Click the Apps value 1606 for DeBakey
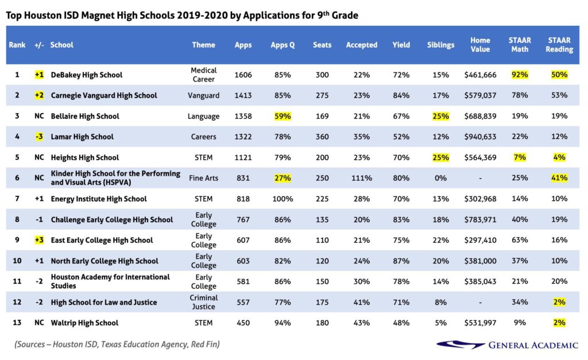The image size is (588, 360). tap(243, 75)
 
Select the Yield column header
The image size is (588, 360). tap(401, 45)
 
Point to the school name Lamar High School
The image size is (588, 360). tap(82, 137)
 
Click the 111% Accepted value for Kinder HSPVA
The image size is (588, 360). tap(361, 178)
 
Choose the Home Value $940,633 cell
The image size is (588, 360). tap(480, 137)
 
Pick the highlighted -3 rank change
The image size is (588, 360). tap(39, 137)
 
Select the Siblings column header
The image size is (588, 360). tap(440, 45)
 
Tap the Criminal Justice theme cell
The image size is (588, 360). tap(204, 302)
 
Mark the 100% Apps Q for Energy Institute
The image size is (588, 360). tap(282, 199)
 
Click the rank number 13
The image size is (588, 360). tap(17, 323)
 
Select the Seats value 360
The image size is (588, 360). tap(322, 137)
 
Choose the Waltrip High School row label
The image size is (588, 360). tap(84, 323)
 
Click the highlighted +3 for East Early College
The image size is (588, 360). tap(39, 240)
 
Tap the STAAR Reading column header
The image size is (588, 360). tap(559, 45)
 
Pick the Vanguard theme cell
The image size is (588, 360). tap(204, 95)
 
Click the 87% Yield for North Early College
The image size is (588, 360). tap(401, 261)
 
